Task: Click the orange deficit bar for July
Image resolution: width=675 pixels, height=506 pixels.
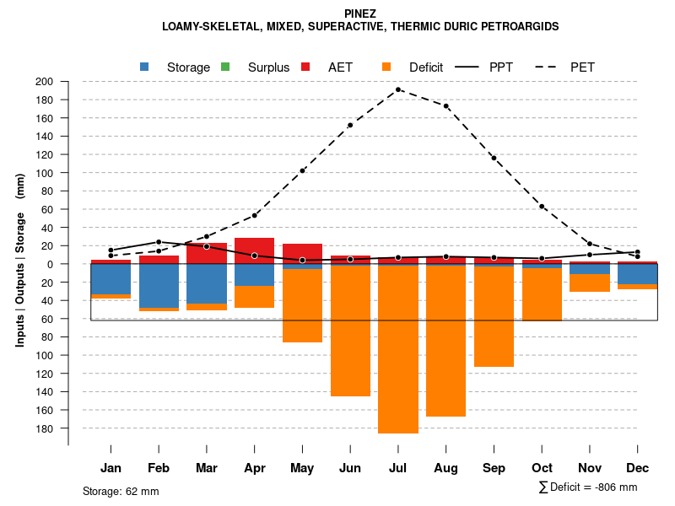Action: point(398,350)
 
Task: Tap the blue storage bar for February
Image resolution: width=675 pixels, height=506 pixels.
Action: point(159,286)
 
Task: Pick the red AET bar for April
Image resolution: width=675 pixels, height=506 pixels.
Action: point(254,250)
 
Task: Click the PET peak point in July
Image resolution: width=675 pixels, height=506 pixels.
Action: point(398,89)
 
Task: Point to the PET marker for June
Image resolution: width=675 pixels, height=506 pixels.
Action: point(350,125)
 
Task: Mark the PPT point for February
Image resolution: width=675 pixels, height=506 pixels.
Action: point(159,242)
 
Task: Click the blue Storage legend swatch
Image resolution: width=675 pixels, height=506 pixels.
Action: point(144,67)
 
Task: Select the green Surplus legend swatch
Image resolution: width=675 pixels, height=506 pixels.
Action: point(224,67)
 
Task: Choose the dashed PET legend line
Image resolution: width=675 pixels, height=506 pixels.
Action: point(549,67)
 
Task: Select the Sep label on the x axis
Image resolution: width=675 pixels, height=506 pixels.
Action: point(494,468)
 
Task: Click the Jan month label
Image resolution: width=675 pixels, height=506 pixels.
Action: point(111,468)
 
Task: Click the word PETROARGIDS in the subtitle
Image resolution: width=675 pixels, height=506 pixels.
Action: point(520,26)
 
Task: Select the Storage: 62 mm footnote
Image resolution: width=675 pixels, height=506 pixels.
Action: point(121,491)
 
